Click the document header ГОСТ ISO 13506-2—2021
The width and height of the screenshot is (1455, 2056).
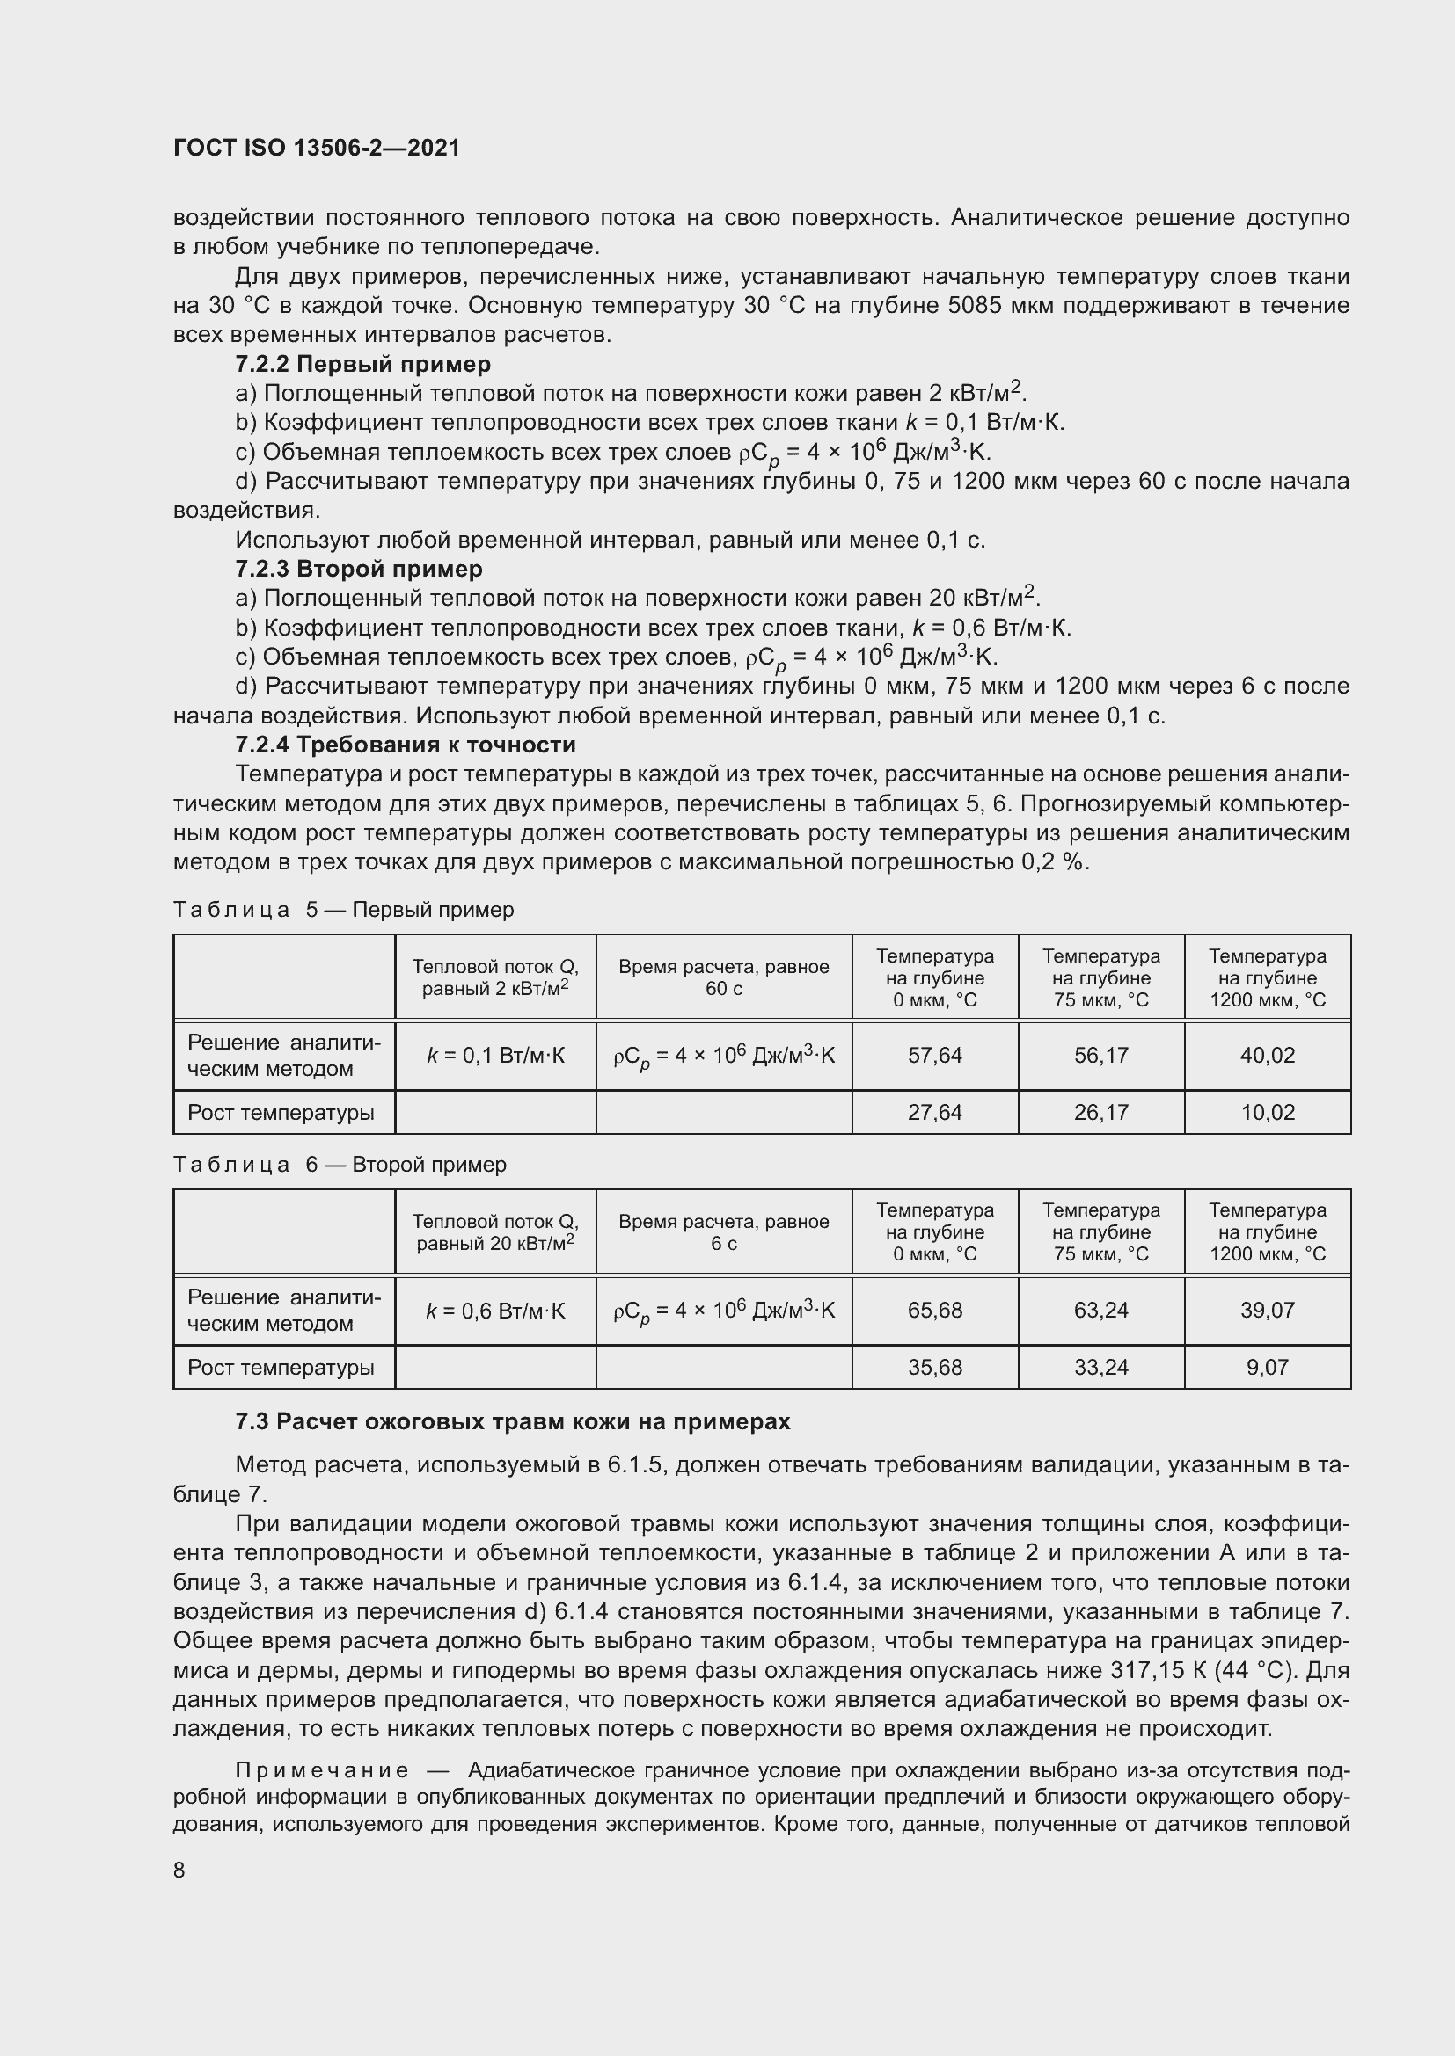(317, 148)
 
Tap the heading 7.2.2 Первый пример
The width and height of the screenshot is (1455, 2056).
(362, 365)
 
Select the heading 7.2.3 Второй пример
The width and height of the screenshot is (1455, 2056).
(358, 570)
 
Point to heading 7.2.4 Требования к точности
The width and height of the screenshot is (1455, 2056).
(405, 745)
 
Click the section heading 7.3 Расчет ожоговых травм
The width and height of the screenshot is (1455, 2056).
(513, 1422)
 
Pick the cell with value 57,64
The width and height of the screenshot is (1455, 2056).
(934, 1056)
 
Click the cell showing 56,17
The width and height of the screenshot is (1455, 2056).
(1101, 1056)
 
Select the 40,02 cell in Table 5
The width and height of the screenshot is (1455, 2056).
(1267, 1056)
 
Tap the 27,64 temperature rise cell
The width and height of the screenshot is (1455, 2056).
(934, 1113)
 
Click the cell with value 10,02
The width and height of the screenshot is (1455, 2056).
(1267, 1113)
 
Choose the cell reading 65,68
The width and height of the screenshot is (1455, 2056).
(934, 1311)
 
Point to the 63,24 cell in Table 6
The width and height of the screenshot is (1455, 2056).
(1101, 1311)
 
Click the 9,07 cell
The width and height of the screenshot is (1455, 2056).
(1267, 1369)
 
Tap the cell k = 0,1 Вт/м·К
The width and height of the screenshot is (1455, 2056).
(495, 1057)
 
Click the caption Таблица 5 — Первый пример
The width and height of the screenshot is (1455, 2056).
(343, 911)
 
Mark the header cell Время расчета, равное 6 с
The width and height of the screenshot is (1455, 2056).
(723, 1233)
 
